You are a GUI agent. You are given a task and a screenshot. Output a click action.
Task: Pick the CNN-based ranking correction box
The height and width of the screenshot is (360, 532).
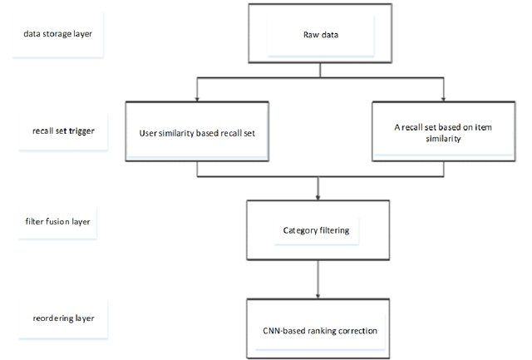pos(319,329)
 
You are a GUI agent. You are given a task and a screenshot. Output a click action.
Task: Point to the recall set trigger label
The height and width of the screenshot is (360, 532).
pos(57,131)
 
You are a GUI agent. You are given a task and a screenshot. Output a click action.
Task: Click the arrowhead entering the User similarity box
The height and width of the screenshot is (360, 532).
pos(196,99)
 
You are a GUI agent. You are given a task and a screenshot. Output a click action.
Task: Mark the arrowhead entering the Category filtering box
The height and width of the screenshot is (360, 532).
pos(319,198)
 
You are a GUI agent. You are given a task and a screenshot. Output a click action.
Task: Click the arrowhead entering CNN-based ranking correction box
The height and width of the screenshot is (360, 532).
pos(319,297)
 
